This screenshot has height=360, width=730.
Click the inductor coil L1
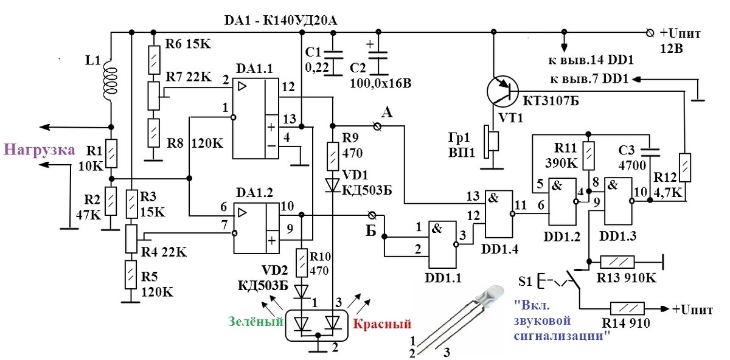[x=110, y=77]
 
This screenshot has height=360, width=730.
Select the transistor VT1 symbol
[x=504, y=91]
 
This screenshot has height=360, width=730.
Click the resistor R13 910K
[x=617, y=262]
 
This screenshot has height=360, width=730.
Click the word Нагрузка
[x=40, y=150]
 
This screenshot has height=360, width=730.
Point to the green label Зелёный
[x=255, y=320]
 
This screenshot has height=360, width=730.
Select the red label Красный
[x=382, y=324]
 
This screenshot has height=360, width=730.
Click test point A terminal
[x=377, y=125]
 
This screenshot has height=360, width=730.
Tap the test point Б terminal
[x=372, y=215]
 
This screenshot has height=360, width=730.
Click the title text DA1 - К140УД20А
[x=280, y=21]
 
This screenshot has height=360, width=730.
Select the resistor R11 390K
[x=588, y=156]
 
